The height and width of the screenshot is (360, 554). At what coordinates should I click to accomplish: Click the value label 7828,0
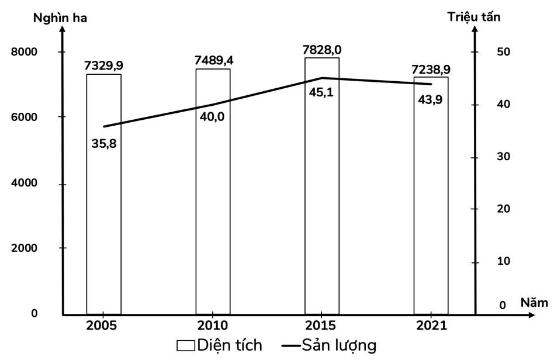[321, 50]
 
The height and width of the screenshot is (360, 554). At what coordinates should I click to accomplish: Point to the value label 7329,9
[103, 66]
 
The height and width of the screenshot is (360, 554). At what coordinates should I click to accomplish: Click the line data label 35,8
[104, 142]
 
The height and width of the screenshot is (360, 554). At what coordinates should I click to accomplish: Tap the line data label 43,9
[430, 99]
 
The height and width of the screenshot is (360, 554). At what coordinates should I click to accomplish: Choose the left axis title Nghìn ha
[60, 18]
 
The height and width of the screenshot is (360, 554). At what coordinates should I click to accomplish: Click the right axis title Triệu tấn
[474, 17]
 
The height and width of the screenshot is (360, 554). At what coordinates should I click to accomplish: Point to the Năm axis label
[534, 303]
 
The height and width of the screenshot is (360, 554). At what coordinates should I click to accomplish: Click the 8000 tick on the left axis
[25, 52]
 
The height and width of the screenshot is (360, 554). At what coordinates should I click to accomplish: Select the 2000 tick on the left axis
[25, 248]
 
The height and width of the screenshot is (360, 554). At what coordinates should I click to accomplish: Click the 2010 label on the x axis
[213, 326]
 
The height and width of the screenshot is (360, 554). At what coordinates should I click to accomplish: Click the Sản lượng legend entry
[328, 345]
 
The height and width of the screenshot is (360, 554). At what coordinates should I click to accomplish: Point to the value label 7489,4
[213, 60]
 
